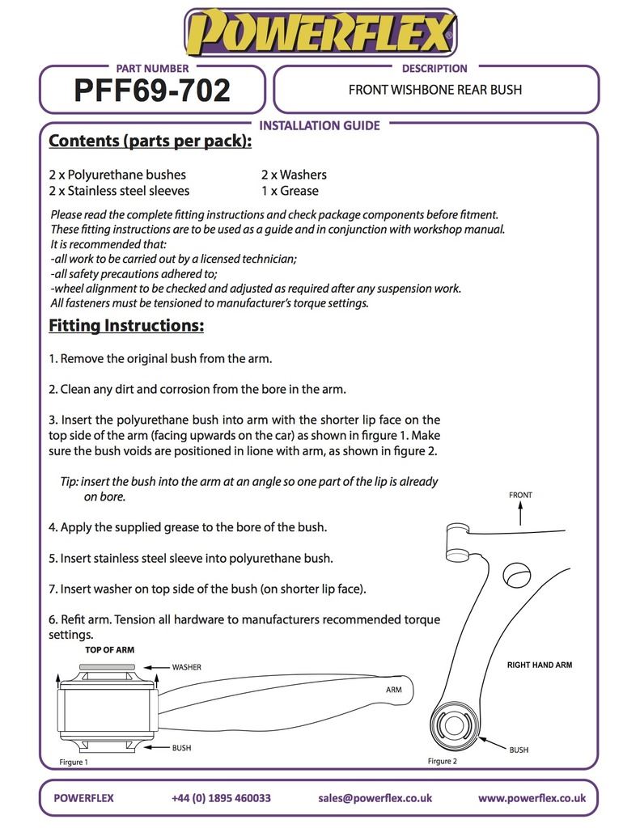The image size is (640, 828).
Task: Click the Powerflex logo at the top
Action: [320, 34]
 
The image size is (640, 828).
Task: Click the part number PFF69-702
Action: [152, 91]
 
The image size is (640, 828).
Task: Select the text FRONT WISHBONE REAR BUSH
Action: [434, 90]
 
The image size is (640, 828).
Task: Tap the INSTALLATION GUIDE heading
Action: [319, 125]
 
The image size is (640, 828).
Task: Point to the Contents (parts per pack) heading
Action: [150, 142]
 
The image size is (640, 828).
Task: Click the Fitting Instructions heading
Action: [126, 326]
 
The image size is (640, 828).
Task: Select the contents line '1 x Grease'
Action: [290, 191]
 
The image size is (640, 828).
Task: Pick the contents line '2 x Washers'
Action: [294, 174]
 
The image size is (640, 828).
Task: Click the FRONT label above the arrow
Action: [520, 495]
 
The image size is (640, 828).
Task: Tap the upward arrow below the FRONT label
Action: [520, 513]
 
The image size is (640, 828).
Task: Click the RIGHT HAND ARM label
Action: [540, 665]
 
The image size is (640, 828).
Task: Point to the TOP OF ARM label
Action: [109, 649]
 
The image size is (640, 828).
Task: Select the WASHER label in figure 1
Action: [186, 667]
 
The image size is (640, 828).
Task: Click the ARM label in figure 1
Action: [394, 690]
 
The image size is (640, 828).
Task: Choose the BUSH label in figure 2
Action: [519, 750]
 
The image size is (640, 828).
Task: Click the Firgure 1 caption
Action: [74, 762]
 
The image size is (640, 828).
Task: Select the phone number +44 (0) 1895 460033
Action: [221, 797]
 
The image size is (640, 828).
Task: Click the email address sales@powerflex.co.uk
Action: [375, 797]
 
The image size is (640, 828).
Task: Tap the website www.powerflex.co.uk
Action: [532, 797]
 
